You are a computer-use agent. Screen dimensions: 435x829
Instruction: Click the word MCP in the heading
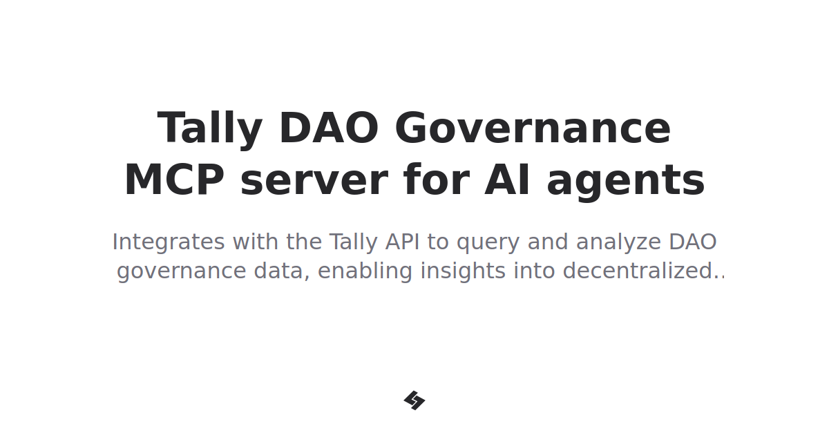(x=174, y=181)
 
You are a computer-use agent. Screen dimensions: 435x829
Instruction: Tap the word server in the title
(x=314, y=181)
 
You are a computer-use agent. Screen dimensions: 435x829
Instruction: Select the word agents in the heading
(x=625, y=181)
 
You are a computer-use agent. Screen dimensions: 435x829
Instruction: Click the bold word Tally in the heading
(x=210, y=129)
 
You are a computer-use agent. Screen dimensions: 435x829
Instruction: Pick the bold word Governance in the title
(x=533, y=129)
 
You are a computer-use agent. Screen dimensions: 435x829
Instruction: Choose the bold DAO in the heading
(x=328, y=129)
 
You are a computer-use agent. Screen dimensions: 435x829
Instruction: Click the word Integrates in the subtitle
(x=168, y=242)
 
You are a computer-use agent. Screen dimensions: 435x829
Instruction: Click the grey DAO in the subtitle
(x=692, y=242)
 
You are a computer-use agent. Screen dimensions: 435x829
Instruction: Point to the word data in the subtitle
(x=281, y=271)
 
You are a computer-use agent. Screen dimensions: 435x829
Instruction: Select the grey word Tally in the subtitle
(x=354, y=242)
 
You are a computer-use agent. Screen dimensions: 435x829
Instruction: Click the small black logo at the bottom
(x=414, y=400)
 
